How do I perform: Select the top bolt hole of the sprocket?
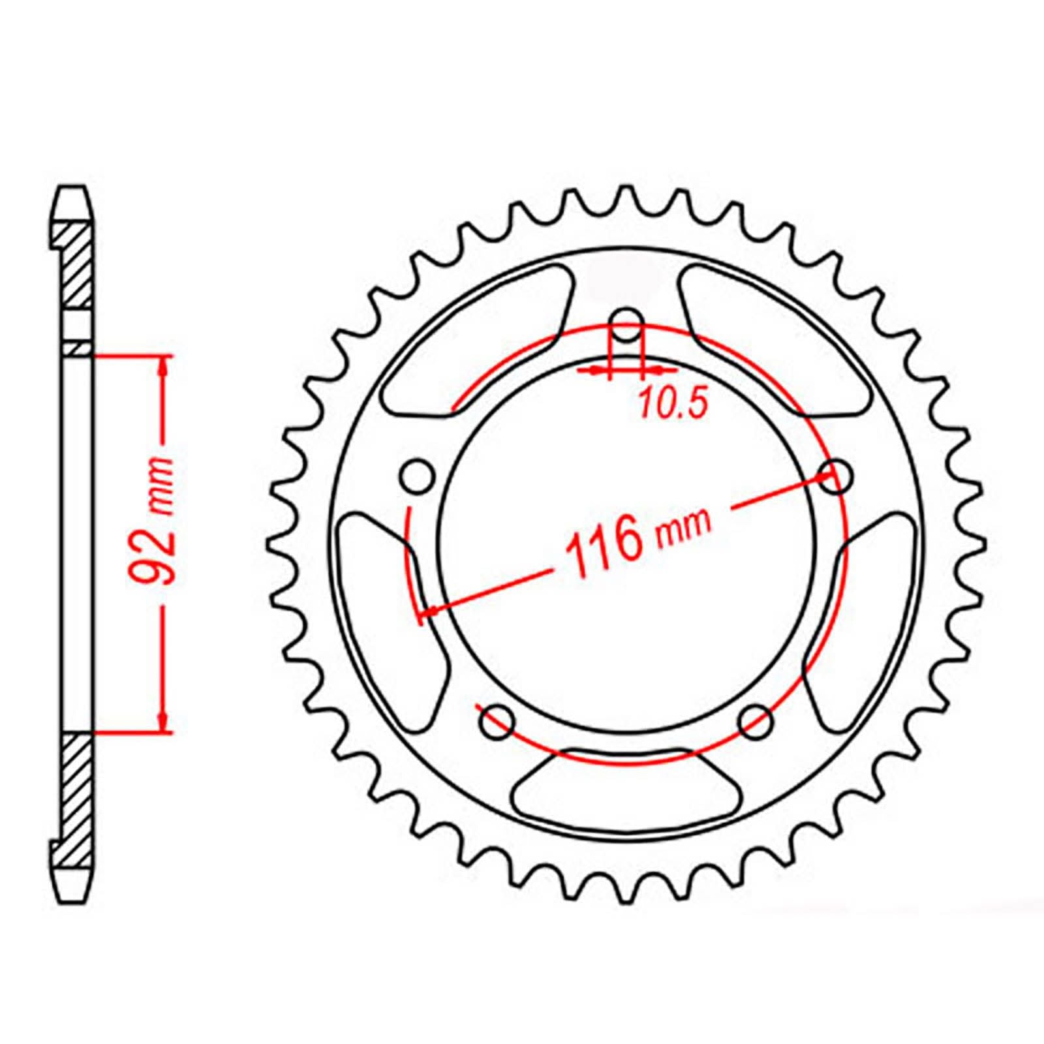pyautogui.click(x=626, y=324)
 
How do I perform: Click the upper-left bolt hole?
pyautogui.click(x=418, y=477)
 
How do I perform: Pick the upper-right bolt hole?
pyautogui.click(x=836, y=477)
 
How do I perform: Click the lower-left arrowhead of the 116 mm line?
pyautogui.click(x=431, y=611)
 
